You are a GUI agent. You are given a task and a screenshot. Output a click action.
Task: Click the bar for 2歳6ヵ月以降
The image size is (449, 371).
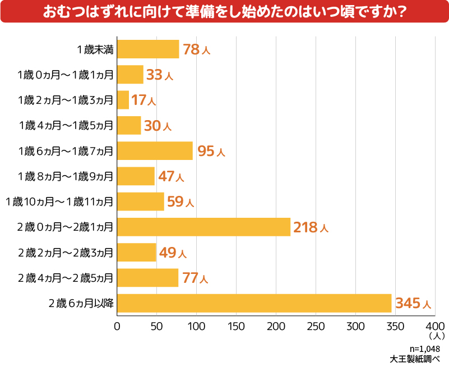coord(254,303)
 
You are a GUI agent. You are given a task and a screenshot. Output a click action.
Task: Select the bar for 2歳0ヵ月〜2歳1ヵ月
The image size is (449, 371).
coord(204,227)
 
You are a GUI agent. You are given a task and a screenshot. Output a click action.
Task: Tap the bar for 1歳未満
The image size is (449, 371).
coord(149,49)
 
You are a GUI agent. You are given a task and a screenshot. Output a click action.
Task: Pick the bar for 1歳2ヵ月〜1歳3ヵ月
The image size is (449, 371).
coord(123,100)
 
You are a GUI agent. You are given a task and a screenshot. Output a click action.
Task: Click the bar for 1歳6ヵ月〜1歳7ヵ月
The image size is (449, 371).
coord(155,151)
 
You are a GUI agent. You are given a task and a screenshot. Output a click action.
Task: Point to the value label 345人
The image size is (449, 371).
coord(413,304)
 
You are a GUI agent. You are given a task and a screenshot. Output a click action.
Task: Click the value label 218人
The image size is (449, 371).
coord(310,227)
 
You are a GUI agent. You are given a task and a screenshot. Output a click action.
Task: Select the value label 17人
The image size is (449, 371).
coord(143,100)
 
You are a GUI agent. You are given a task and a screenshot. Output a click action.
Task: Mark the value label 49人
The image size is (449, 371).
coord(172,253)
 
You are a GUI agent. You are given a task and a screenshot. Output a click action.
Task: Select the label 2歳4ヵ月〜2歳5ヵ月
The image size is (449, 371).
coord(66,278)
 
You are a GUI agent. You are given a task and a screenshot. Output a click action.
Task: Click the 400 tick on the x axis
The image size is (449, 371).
coord(435,326)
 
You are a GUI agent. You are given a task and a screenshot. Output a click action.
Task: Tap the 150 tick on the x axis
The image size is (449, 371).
coord(237,326)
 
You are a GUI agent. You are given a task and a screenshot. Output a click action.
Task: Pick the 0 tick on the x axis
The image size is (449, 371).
coord(118,326)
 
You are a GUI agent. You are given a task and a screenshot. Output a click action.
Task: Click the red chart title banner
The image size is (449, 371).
coord(224,12)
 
